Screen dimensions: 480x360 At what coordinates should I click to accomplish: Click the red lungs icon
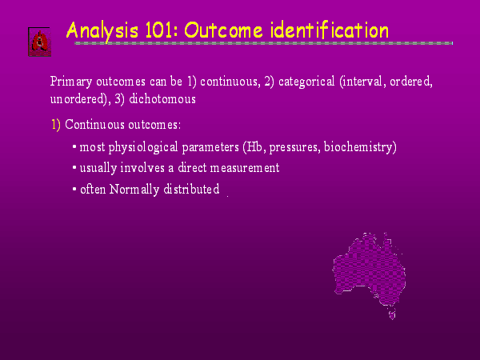pos(40,42)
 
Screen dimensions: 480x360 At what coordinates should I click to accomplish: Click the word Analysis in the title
pos(102,31)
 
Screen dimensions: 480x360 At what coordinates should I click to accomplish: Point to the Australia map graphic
pos(369,273)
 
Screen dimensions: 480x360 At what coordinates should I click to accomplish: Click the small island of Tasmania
pos(392,314)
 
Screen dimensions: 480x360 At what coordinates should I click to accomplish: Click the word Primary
pos(71,82)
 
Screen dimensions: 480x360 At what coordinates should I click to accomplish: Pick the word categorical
pos(306,82)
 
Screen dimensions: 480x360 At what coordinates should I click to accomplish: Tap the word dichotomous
pos(162,99)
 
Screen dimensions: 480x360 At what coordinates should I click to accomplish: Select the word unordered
pos(78,99)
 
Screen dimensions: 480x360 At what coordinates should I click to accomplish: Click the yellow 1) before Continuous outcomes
pos(56,125)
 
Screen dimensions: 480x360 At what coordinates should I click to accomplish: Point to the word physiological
pos(143,147)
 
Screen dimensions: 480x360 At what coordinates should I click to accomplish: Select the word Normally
pos(134,190)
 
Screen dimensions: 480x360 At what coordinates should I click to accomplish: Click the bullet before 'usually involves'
pos(74,168)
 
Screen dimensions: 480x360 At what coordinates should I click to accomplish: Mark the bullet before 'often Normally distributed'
pos(74,189)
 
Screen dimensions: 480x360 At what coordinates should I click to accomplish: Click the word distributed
pos(191,189)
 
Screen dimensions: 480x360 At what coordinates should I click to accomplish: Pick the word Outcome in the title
pos(223,30)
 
